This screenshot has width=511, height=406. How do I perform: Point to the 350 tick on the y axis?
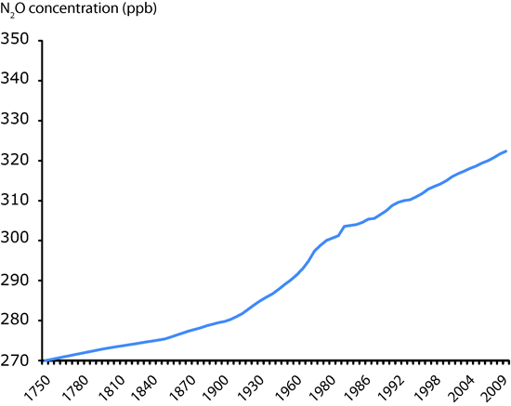18,40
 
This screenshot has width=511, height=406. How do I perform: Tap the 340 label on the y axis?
18,80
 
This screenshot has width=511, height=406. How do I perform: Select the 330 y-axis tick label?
18,120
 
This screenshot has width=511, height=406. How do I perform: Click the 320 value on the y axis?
18,160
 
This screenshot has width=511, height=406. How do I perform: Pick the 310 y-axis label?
18,200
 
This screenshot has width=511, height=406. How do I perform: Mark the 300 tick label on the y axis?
18,240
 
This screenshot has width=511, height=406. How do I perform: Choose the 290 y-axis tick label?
18,280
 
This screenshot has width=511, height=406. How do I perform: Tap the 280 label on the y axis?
18,320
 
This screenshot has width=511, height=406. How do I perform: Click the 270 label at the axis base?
18,360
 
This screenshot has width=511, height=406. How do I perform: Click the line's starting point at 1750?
45,360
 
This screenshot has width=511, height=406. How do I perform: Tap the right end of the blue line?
506,151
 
